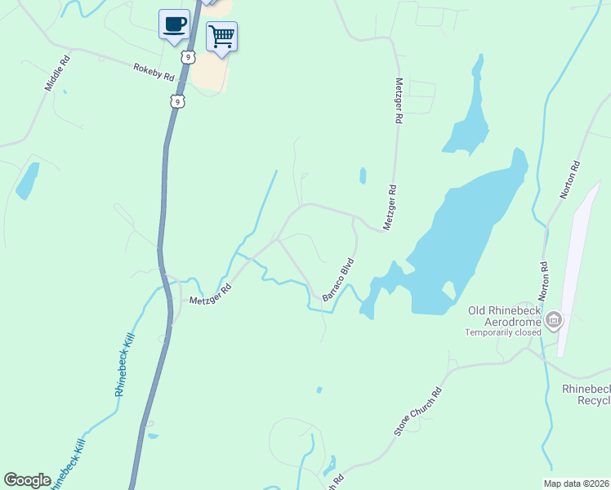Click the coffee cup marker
tap(174, 24)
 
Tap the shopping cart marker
tap(221, 37)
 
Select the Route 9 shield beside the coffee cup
tap(189, 57)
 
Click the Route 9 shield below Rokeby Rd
tap(178, 100)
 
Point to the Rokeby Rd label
tap(154, 72)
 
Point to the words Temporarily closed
tap(503, 332)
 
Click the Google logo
tap(27, 480)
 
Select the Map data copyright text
tap(577, 483)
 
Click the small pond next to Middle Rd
tap(27, 181)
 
